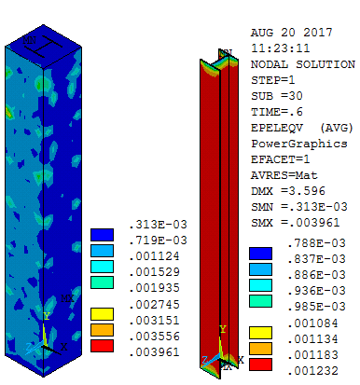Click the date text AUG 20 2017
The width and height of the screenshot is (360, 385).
[x=292, y=33]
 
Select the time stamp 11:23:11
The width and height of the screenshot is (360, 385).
[x=280, y=48]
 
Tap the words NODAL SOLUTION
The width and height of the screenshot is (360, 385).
[x=303, y=64]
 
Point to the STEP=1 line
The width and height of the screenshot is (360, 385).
[x=272, y=80]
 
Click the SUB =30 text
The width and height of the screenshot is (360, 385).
[x=276, y=96]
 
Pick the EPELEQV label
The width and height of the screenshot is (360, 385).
[x=276, y=128]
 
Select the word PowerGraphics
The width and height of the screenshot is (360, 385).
[x=299, y=144]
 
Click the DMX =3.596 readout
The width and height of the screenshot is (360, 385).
[x=288, y=191]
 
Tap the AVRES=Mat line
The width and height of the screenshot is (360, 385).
[x=284, y=175]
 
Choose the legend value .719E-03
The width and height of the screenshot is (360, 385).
[x=158, y=241]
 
